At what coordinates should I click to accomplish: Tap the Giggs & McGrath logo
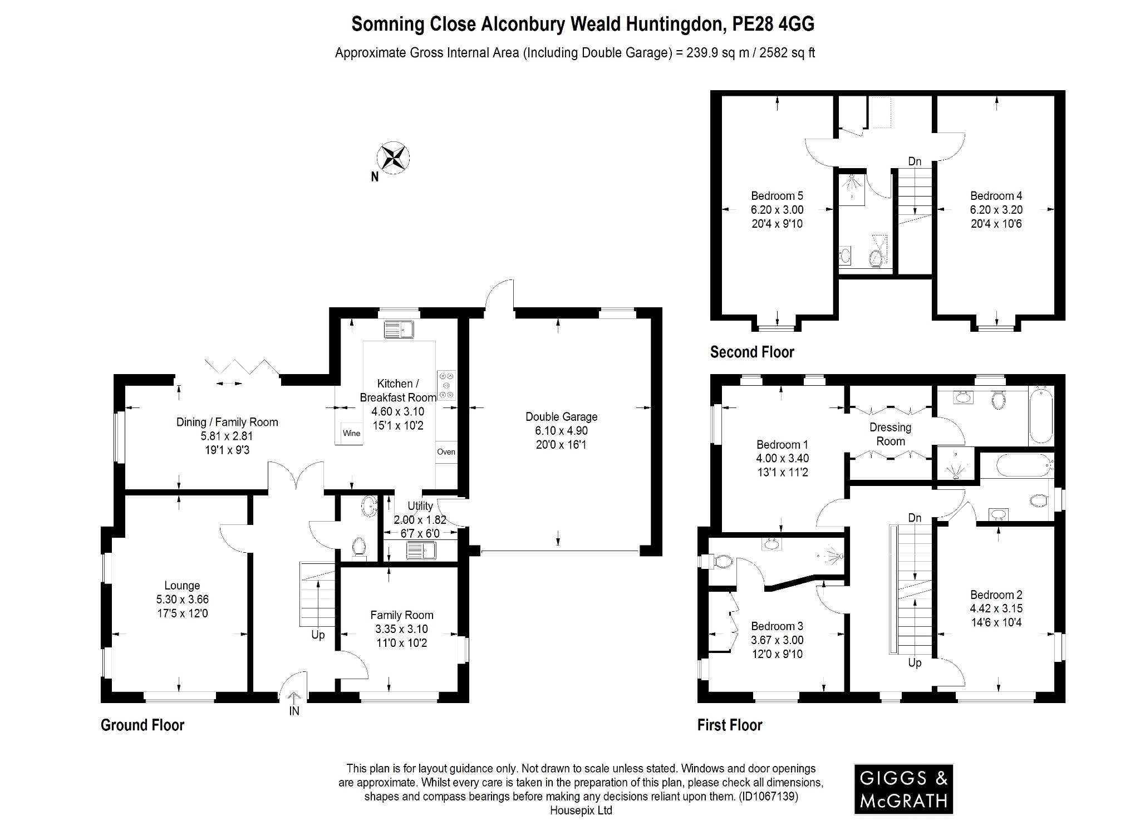(903, 789)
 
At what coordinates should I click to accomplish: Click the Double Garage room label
(561, 417)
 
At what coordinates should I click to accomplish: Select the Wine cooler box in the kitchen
(351, 433)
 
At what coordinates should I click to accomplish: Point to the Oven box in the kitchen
(446, 452)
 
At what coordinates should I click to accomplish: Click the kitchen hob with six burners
(446, 385)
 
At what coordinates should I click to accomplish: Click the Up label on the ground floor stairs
(318, 635)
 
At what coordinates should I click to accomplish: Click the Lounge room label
(182, 586)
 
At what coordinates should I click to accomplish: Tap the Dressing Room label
(890, 434)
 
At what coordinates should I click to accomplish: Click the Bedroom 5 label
(777, 196)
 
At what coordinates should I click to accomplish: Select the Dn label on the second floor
(915, 162)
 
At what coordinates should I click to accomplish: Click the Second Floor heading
(751, 352)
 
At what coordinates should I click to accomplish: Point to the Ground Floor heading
(142, 725)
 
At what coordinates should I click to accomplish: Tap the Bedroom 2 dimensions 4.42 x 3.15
(996, 608)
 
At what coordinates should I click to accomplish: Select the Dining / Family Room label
(227, 422)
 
